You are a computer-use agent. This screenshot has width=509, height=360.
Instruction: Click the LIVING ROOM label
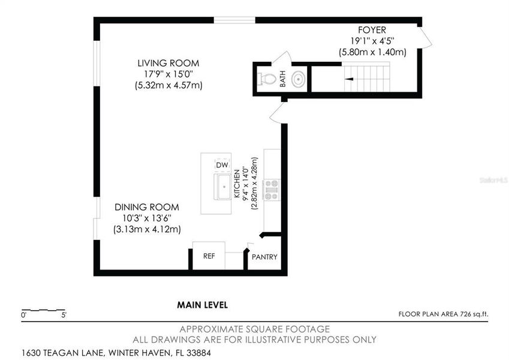tap(168, 63)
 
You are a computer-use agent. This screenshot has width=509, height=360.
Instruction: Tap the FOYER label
tap(372, 29)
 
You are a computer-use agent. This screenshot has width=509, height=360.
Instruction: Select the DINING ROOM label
tap(147, 207)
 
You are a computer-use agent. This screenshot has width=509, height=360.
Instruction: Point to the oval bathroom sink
tap(298, 78)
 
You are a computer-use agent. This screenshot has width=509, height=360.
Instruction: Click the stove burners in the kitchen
tap(271, 189)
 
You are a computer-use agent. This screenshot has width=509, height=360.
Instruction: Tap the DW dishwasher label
tap(222, 164)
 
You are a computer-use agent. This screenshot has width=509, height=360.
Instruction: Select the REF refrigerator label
tap(209, 256)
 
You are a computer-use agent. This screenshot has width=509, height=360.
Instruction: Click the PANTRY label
tap(264, 257)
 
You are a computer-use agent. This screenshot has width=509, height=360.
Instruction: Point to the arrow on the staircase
tap(346, 78)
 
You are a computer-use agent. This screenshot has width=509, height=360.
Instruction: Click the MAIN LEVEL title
tap(202, 305)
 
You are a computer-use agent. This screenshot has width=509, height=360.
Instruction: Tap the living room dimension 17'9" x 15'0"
tap(168, 74)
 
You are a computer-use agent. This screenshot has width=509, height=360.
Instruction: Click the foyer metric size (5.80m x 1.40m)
tap(372, 52)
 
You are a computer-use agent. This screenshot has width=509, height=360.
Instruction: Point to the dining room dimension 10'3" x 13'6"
tap(147, 218)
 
